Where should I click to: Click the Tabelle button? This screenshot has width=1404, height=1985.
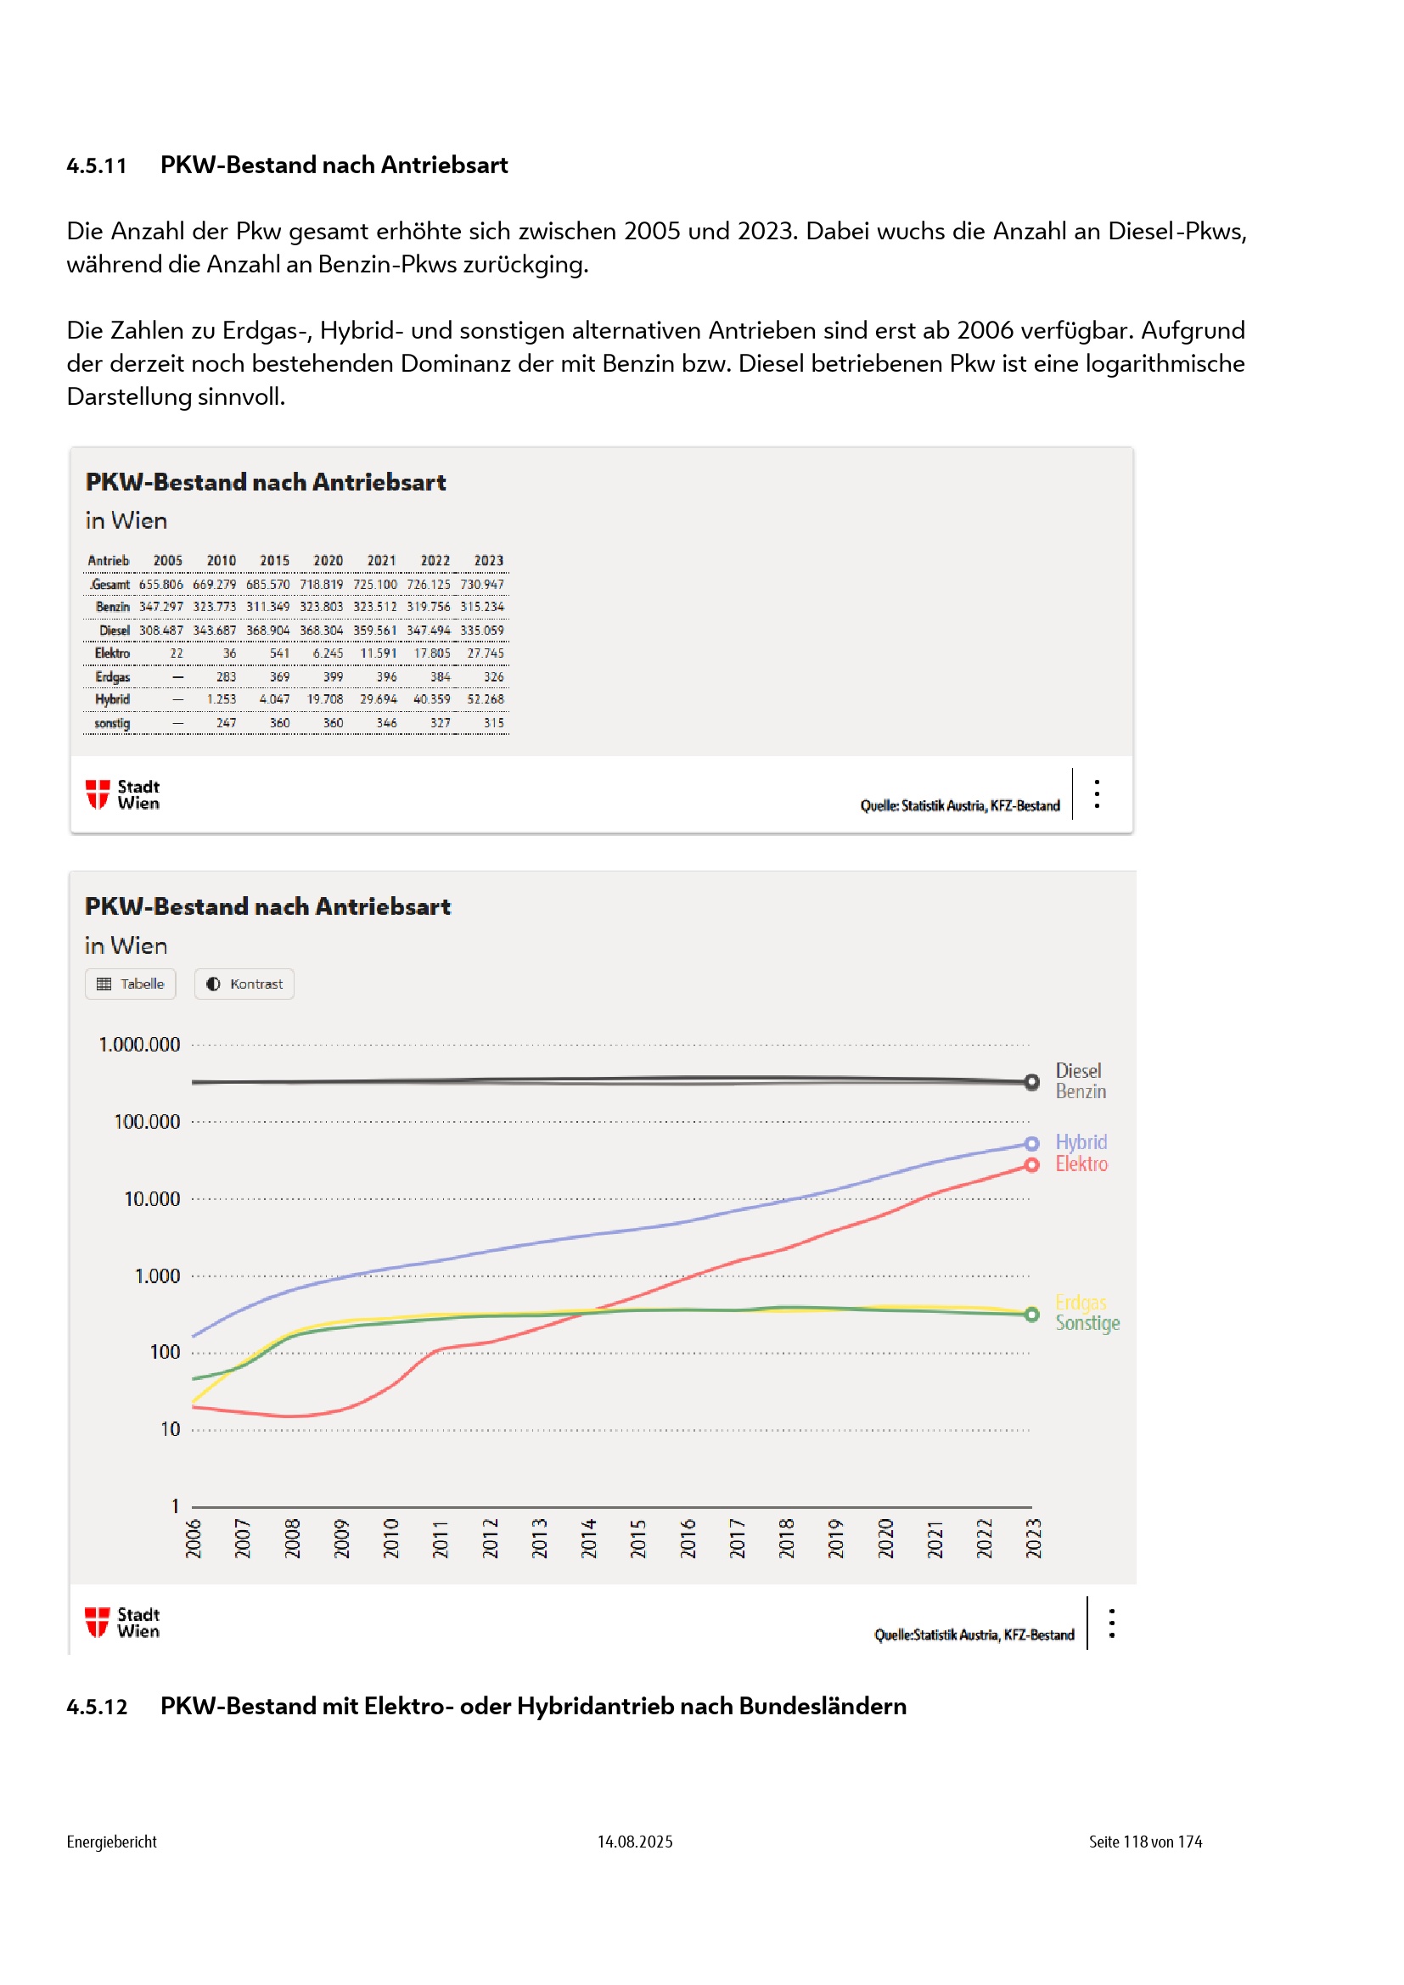point(131,984)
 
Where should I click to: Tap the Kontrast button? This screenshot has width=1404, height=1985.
point(244,984)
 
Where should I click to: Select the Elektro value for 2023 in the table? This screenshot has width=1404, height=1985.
point(485,653)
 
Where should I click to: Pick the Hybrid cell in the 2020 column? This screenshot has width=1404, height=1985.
point(325,699)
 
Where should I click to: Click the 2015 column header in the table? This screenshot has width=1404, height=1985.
point(275,560)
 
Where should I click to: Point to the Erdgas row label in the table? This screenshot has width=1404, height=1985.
point(112,677)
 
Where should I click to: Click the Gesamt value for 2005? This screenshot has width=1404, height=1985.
point(160,585)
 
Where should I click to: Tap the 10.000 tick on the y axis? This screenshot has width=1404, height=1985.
point(152,1199)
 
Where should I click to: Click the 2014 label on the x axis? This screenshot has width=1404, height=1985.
point(589,1538)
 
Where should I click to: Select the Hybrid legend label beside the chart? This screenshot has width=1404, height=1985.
point(1081,1142)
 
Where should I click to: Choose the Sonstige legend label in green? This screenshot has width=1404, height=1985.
point(1087,1323)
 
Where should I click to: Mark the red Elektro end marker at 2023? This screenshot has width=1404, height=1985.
point(1031,1165)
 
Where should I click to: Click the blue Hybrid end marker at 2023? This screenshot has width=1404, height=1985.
point(1031,1144)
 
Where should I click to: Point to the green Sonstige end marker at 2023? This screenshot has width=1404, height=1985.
point(1031,1315)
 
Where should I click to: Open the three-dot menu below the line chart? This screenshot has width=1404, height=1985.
point(1112,1623)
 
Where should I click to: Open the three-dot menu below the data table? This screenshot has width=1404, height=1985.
point(1097,793)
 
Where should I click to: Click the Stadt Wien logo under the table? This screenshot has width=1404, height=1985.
point(123,794)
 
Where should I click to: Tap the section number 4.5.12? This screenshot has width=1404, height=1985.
point(97,1707)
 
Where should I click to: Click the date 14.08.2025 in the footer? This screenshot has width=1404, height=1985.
point(635,1842)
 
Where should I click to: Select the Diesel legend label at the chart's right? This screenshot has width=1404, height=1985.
point(1078,1070)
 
